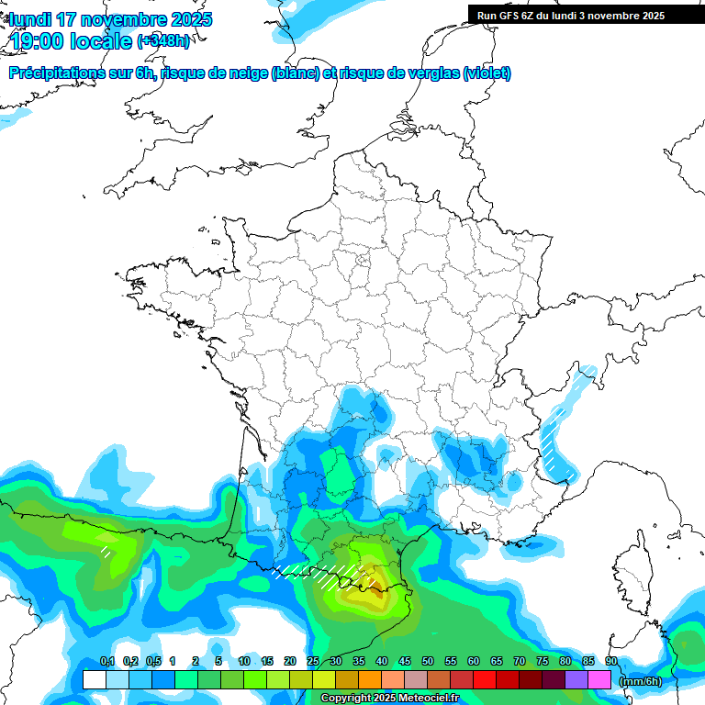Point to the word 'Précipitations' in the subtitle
tap(54, 73)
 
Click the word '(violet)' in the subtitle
tap(487, 73)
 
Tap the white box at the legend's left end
tap(94, 680)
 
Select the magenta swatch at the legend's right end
tap(599, 680)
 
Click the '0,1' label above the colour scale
tap(107, 662)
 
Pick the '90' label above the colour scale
tap(610, 662)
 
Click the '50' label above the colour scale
tap(428, 662)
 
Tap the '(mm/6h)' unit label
tap(641, 681)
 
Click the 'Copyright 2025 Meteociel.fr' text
tap(389, 699)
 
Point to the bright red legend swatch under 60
tap(485, 680)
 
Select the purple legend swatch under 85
tap(576, 680)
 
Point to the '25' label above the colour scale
tap(313, 662)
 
